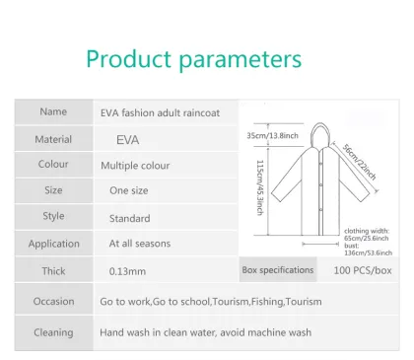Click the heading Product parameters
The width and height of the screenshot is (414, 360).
(x=193, y=58)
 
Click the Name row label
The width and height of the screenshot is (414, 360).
(x=53, y=112)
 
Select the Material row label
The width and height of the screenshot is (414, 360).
(x=53, y=140)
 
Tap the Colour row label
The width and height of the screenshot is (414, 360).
(x=53, y=165)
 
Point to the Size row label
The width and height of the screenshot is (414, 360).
(x=53, y=190)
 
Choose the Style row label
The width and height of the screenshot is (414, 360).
(x=53, y=216)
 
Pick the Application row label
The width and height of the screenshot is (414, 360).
(x=53, y=244)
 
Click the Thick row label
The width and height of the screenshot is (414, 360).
(x=53, y=269)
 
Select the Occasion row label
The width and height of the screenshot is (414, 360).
(x=53, y=302)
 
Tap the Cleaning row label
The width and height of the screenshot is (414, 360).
(x=53, y=332)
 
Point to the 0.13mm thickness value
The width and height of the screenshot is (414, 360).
(x=128, y=270)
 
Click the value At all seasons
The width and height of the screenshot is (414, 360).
(x=139, y=244)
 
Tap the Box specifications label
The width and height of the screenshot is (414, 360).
(x=277, y=269)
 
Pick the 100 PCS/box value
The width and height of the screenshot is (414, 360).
(x=363, y=269)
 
